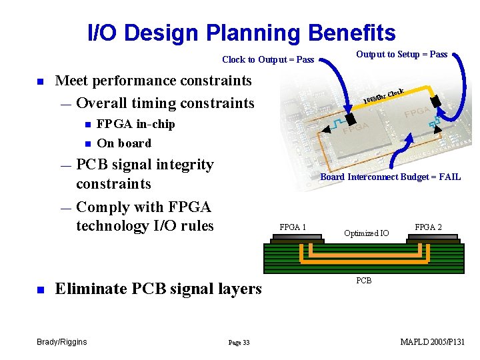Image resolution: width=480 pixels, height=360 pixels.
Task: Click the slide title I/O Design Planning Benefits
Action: pyautogui.click(x=241, y=33)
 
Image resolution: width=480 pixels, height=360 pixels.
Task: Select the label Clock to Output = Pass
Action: pyautogui.click(x=267, y=60)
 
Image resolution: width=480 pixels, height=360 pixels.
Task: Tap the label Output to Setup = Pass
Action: pyautogui.click(x=401, y=54)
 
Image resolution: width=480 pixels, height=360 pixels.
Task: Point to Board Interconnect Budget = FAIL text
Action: pyautogui.click(x=390, y=177)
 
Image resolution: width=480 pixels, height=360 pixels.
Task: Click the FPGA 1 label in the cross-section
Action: pyautogui.click(x=293, y=227)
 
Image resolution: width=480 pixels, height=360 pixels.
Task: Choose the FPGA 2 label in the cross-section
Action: pyautogui.click(x=428, y=227)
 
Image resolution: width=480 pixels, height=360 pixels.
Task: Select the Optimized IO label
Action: pyautogui.click(x=366, y=233)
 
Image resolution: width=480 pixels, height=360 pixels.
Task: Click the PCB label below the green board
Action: pyautogui.click(x=363, y=281)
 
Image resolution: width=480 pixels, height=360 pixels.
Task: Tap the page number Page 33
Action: pyautogui.click(x=239, y=343)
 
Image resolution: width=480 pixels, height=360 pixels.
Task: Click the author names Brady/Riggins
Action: pyautogui.click(x=61, y=342)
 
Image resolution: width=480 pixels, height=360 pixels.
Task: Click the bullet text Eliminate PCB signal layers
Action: pyautogui.click(x=158, y=289)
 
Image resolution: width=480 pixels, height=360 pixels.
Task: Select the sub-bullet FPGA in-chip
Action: pyautogui.click(x=136, y=124)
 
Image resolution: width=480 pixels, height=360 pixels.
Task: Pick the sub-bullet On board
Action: pyautogui.click(x=124, y=143)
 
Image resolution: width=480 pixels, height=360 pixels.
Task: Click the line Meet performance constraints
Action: pyautogui.click(x=153, y=81)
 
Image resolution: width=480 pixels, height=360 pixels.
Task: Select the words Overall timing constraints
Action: pyautogui.click(x=165, y=103)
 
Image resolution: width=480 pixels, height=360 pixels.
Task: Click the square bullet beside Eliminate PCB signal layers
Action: pyautogui.click(x=40, y=289)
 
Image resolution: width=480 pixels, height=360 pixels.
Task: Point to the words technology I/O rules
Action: pyautogui.click(x=145, y=226)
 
